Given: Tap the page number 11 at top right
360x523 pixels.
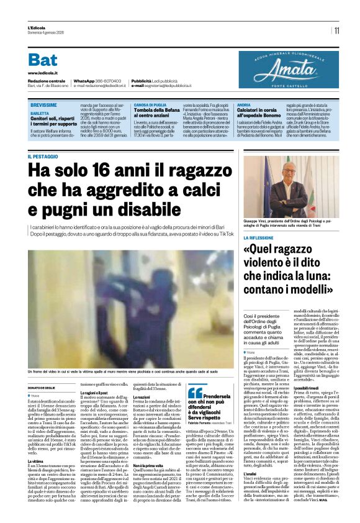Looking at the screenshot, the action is pos(336,30).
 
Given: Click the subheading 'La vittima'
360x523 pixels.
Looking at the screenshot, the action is pos(36,462).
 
